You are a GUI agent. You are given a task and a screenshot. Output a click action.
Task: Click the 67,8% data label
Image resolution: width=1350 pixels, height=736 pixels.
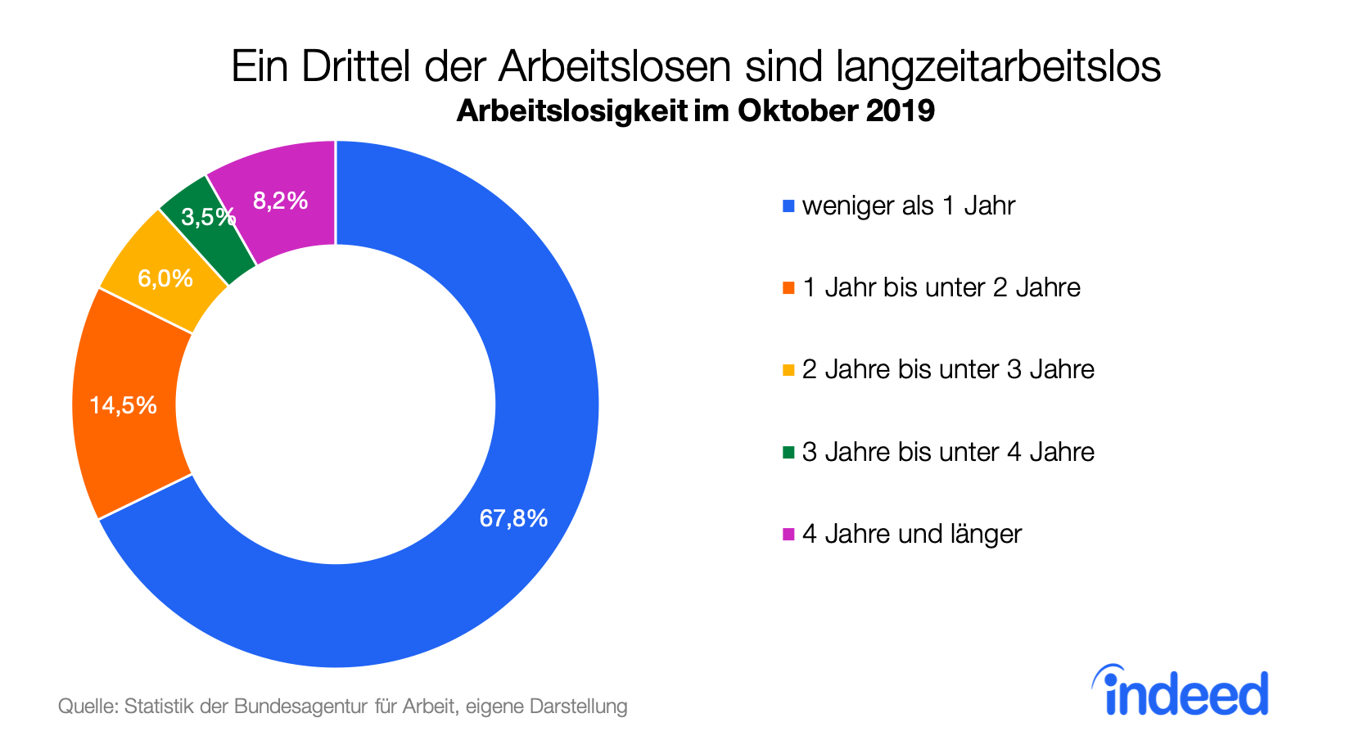coord(513,518)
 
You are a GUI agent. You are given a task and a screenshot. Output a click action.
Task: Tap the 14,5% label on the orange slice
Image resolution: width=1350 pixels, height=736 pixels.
coord(123,405)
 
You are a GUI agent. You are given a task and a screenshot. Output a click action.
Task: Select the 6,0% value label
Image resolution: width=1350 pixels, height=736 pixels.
coord(165,278)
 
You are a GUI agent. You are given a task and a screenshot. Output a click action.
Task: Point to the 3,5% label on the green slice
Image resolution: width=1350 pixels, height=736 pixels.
coord(208,217)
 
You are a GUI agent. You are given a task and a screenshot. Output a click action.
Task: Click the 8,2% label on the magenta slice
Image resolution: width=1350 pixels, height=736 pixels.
coord(280,201)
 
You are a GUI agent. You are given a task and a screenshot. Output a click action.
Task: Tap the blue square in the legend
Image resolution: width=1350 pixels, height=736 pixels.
coord(788,206)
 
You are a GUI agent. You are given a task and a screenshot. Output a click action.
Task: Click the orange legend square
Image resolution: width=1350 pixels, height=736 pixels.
coord(788,288)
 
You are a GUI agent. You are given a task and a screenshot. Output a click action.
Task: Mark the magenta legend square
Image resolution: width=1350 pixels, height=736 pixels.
coord(788,535)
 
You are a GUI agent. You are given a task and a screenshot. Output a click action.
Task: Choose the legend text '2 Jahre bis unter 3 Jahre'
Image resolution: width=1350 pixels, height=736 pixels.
coord(948,369)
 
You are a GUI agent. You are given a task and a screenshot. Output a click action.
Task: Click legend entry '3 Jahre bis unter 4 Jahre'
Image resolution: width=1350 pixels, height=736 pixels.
coord(948,452)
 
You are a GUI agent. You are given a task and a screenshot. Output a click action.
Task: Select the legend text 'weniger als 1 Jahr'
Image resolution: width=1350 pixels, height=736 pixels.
coord(908,205)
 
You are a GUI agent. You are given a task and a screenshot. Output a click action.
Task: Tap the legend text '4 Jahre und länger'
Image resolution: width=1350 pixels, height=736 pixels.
coord(911,534)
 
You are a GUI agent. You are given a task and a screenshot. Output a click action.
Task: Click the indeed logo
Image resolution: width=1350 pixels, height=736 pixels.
coord(1181,691)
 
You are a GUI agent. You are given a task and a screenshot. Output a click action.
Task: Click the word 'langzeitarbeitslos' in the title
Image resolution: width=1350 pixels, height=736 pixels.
coord(998,66)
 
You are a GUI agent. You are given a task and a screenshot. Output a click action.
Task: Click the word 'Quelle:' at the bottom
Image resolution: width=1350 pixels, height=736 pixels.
coord(88,706)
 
